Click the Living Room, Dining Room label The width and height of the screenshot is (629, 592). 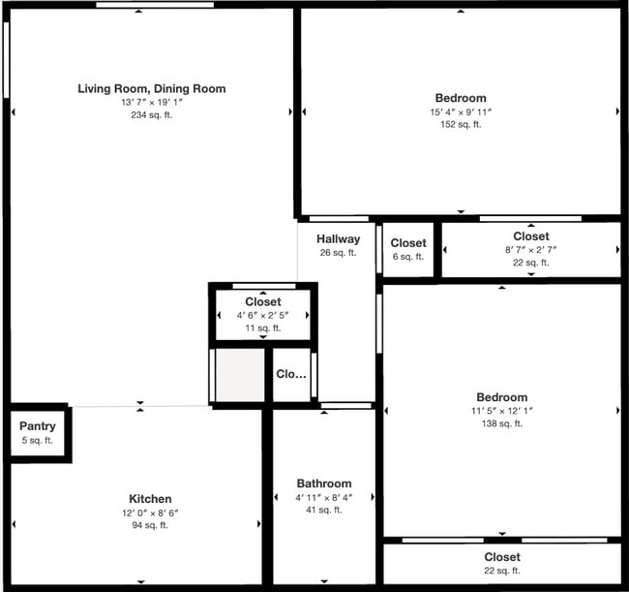pos(151,89)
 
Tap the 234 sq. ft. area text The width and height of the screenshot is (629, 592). pos(151,115)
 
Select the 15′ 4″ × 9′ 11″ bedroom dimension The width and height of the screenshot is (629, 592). pos(461,111)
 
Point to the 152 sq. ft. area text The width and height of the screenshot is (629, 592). pos(461,124)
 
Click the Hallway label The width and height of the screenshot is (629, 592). pos(338,239)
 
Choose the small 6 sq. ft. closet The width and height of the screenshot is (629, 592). pos(408,250)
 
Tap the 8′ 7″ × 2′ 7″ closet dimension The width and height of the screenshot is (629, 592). pos(531,250)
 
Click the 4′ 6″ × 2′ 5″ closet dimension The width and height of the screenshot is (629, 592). pos(263,316)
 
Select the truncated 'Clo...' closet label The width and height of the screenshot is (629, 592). pos(291,374)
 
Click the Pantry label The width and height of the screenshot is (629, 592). pos(38,426)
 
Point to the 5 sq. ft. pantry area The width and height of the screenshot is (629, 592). pos(38,441)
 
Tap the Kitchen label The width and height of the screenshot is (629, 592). pos(151,499)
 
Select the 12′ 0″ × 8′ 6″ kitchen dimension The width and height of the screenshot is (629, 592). pos(151,513)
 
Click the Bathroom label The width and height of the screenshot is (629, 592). pos(324,483)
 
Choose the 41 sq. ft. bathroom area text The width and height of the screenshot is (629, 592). pos(324,510)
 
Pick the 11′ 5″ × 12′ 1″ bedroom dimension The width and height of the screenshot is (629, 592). pos(501,411)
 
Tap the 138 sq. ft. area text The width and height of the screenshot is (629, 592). pos(501,423)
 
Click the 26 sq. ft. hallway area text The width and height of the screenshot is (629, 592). pos(338,253)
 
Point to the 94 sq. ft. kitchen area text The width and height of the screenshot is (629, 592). pos(151,526)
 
